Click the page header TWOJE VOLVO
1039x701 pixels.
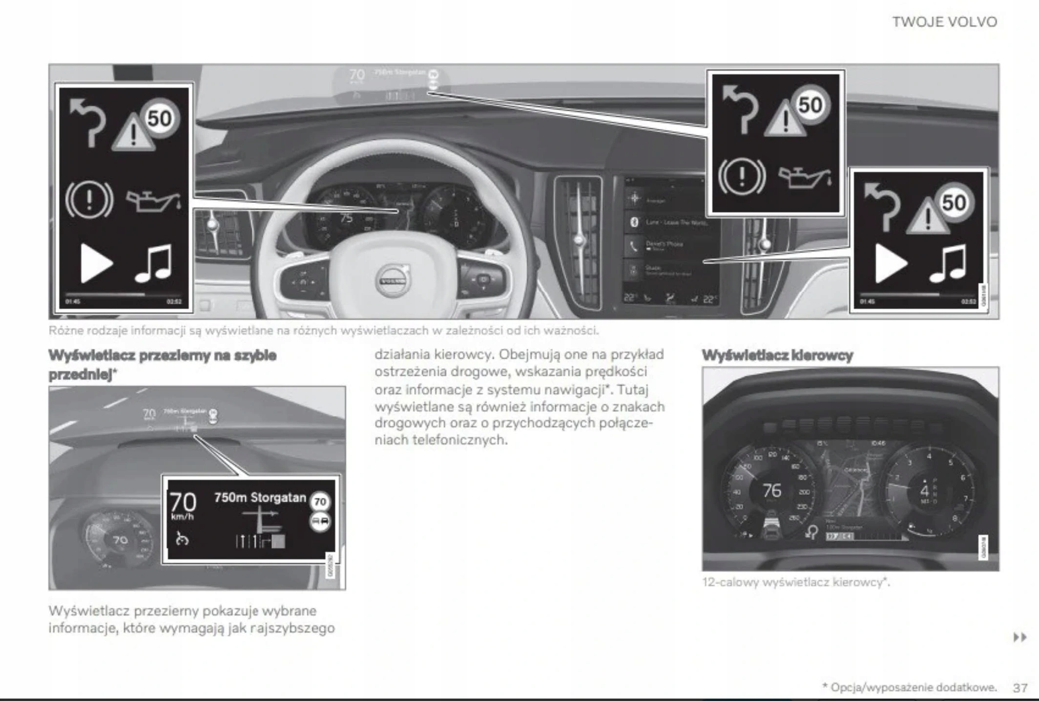[944, 22]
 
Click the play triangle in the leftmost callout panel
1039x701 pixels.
[96, 263]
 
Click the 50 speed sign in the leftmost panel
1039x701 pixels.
[160, 119]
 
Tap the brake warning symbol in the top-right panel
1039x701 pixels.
[741, 176]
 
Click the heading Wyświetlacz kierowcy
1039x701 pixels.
[777, 355]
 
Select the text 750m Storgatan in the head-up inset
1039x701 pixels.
[260, 498]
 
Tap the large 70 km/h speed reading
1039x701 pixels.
[183, 506]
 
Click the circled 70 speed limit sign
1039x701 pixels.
[320, 502]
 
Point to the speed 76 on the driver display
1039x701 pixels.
[772, 490]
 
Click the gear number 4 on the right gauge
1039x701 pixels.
[924, 490]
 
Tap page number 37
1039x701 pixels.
[1020, 688]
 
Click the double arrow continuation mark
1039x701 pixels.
[1019, 637]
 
